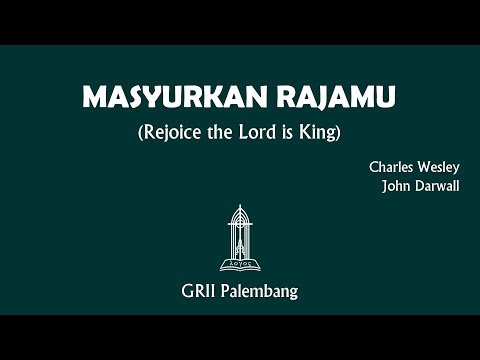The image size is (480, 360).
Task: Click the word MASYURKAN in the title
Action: pos(162,98)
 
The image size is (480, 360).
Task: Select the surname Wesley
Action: pos(439,168)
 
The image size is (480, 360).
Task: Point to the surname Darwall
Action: pos(437,185)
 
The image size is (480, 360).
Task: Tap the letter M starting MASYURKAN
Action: pos(94,98)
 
